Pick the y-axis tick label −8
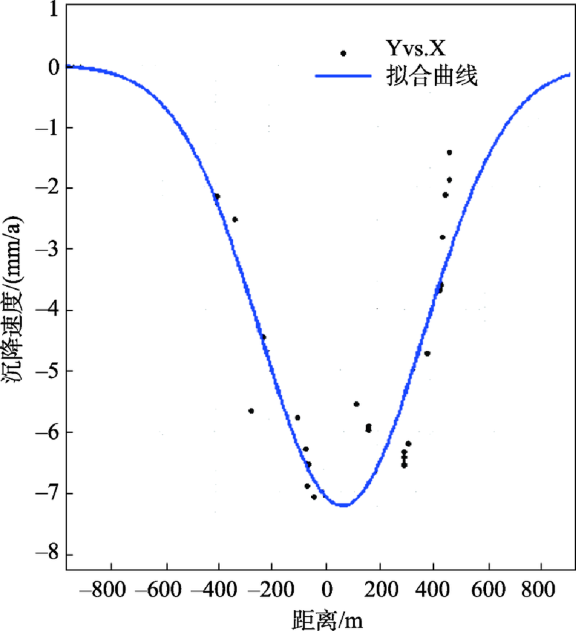(x=48, y=555)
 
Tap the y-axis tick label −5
(x=48, y=372)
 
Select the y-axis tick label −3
(x=48, y=250)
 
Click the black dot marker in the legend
(x=343, y=54)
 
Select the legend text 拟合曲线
(x=431, y=75)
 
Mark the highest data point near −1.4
(x=449, y=152)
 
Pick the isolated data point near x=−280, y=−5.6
(x=251, y=411)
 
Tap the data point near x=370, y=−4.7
(x=427, y=353)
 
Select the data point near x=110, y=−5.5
(x=357, y=404)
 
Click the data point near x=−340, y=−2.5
(x=235, y=220)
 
